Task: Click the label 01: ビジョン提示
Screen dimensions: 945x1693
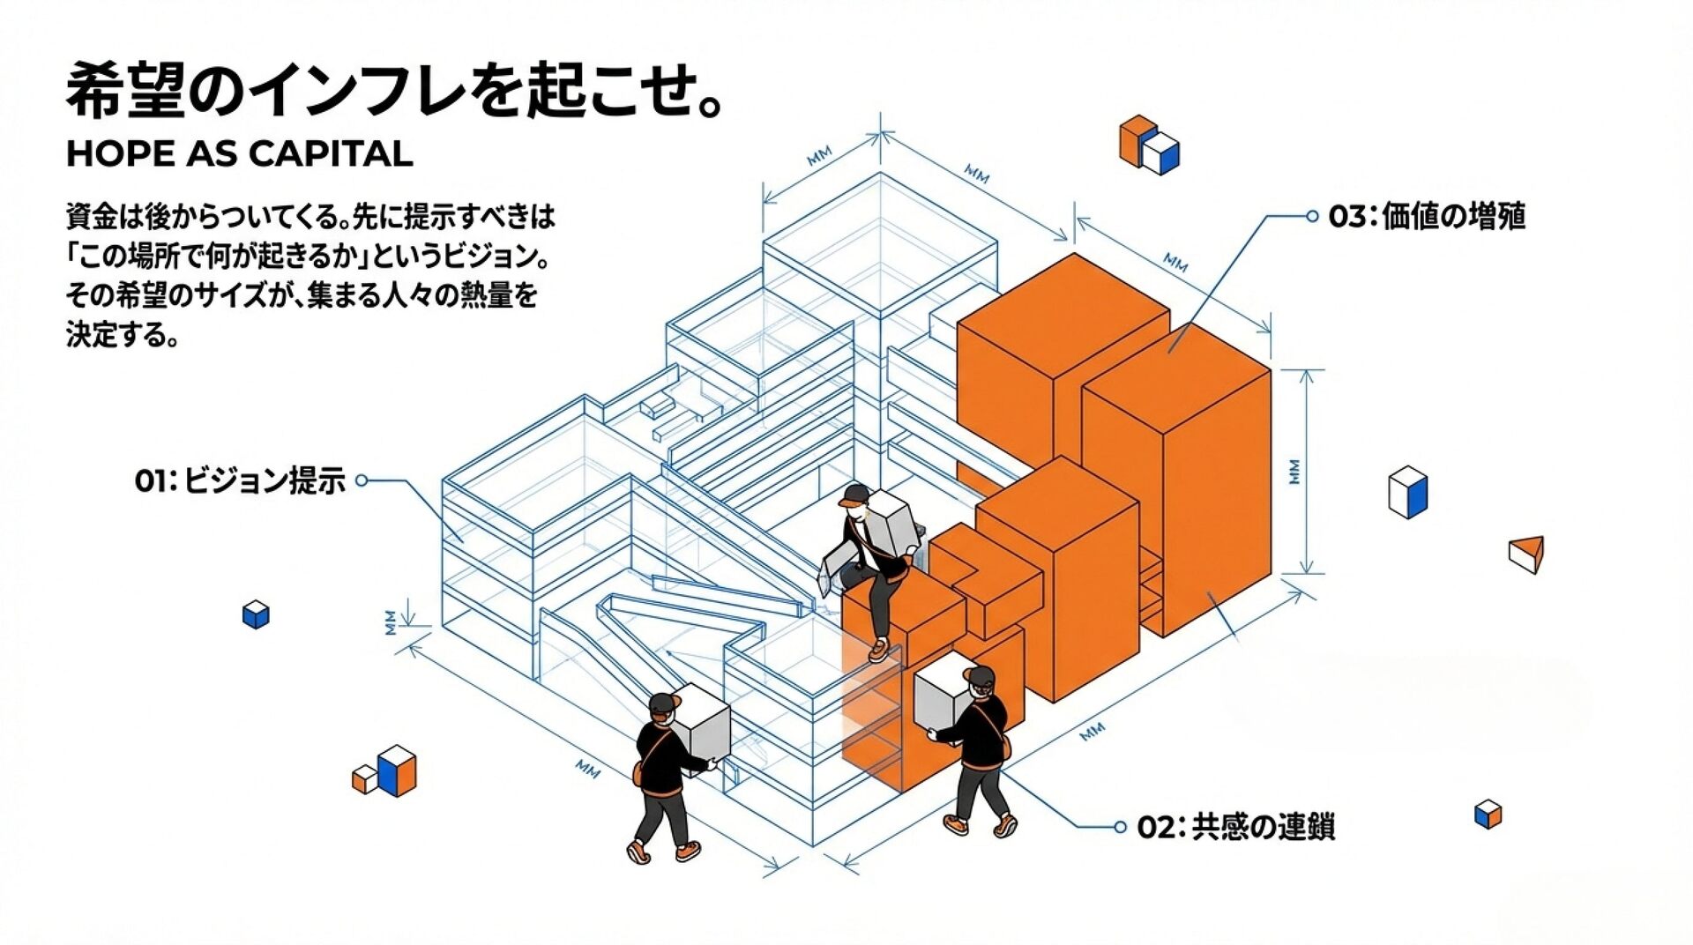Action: [240, 481]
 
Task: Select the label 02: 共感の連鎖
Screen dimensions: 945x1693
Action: [1235, 827]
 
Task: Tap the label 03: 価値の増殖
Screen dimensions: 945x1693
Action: [1427, 216]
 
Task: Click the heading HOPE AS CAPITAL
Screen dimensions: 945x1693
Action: [239, 154]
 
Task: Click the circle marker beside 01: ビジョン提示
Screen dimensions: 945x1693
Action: [362, 480]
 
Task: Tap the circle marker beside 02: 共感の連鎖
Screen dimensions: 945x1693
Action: [1120, 827]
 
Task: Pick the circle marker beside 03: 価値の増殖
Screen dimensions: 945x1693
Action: [1312, 216]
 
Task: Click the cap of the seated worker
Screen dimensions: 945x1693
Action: [854, 495]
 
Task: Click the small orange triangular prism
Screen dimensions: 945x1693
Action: [1527, 554]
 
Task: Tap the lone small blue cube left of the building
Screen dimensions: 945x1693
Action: [256, 614]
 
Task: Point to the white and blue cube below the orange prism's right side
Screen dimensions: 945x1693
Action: [1407, 492]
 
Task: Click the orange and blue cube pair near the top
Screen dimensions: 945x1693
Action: [1148, 145]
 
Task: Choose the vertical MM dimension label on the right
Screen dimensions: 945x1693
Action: [1294, 472]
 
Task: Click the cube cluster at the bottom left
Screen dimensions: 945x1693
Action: [385, 770]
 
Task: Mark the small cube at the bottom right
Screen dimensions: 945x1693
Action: [1488, 814]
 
